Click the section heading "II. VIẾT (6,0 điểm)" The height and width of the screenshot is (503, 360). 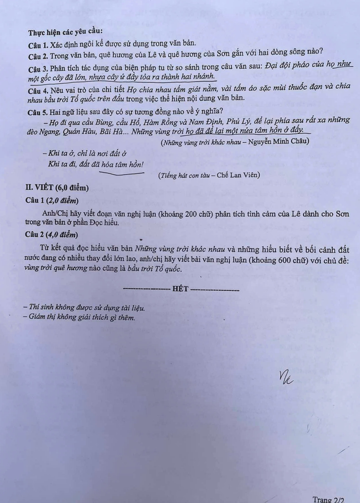(x=57, y=188)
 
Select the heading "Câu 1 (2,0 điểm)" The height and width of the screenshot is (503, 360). (x=52, y=201)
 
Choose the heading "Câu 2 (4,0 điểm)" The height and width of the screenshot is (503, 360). (x=51, y=235)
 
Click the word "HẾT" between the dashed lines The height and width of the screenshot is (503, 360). (x=180, y=289)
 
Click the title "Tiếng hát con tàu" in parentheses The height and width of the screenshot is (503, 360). (x=184, y=176)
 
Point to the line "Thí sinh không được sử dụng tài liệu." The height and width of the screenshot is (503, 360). (x=84, y=307)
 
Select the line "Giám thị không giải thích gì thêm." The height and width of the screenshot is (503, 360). (x=79, y=317)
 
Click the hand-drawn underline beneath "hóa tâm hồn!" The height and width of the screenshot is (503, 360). (x=122, y=173)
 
